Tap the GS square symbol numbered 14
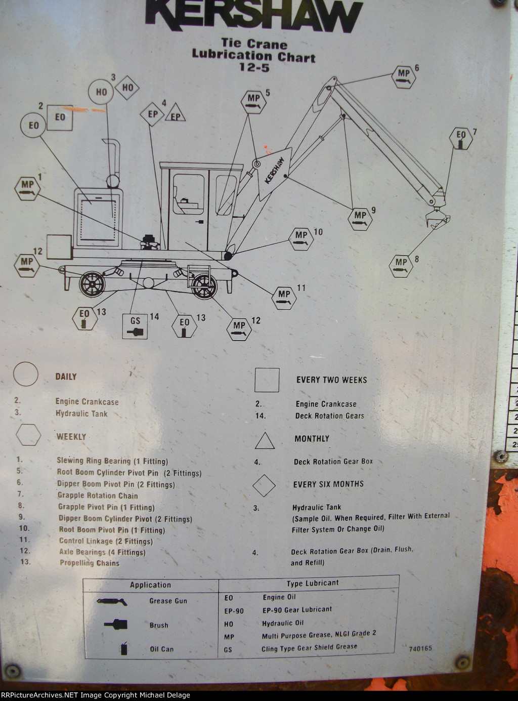135,326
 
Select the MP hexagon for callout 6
404,77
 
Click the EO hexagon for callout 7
461,138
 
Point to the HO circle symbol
102,92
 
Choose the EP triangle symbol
175,114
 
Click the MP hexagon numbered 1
27,188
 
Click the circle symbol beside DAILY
25,375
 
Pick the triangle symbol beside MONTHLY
265,441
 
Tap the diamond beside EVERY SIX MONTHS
264,485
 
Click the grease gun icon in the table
112,601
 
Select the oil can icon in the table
124,648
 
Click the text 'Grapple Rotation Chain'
98,496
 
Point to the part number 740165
420,648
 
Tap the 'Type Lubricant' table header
313,583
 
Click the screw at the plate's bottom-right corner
462,663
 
